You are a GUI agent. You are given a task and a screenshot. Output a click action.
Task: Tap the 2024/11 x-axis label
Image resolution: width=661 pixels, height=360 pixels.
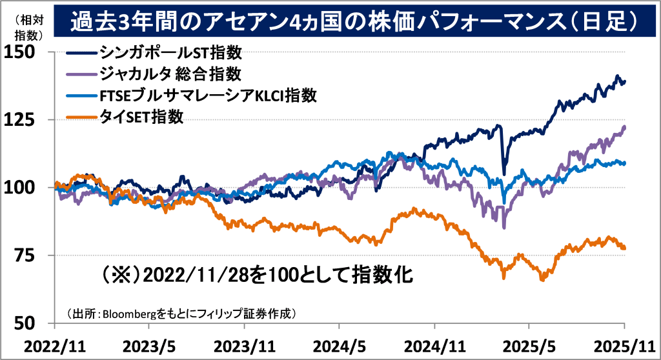(434, 346)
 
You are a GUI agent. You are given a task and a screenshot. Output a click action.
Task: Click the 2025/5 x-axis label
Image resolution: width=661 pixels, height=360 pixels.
(529, 346)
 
